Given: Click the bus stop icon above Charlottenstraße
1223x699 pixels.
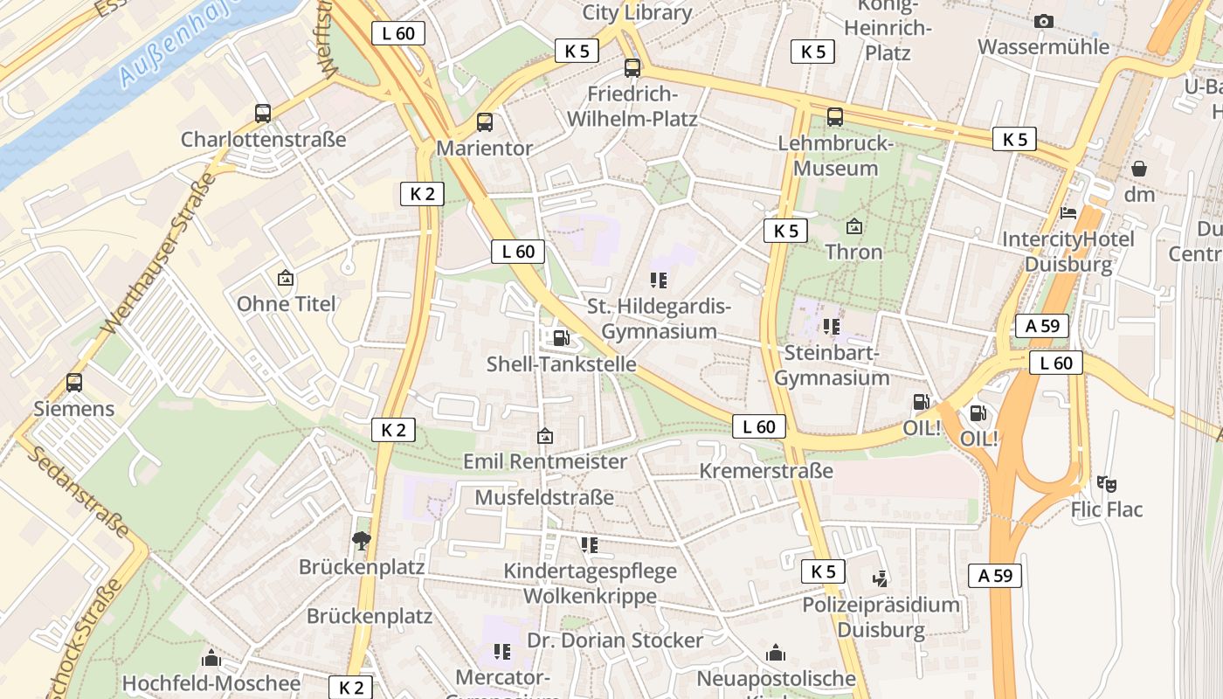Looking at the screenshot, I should point(262,113).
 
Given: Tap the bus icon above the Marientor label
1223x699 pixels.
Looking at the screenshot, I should point(485,122).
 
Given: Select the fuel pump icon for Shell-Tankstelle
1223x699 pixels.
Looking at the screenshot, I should point(561,337).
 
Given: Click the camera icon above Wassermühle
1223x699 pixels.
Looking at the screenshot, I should point(1043,21).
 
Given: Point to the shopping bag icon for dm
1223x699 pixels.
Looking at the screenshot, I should point(1139,168).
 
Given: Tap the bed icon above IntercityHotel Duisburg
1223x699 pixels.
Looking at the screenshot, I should point(1068,212).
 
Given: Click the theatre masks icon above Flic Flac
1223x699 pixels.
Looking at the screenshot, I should point(1107,483).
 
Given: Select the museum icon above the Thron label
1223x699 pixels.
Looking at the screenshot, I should point(854,226).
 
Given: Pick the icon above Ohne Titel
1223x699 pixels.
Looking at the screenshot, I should point(285,278).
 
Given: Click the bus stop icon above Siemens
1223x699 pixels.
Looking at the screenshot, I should point(74,383).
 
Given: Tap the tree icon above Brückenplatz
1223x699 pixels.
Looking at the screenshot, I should point(361,540).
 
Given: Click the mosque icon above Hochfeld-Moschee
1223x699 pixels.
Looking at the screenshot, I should point(211,658).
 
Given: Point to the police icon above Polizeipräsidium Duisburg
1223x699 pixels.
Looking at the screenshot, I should point(880,578).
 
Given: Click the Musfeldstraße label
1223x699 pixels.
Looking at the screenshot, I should point(544,497).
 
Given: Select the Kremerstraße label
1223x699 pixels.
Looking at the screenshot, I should point(766,471).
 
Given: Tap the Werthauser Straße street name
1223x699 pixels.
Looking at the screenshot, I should point(158,253).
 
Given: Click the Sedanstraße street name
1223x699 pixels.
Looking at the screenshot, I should point(79,490).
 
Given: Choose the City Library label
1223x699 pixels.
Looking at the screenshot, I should point(637,12).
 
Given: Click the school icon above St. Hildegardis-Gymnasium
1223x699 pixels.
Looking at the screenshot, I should point(659,280).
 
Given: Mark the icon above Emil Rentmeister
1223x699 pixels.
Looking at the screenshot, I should point(545,435).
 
